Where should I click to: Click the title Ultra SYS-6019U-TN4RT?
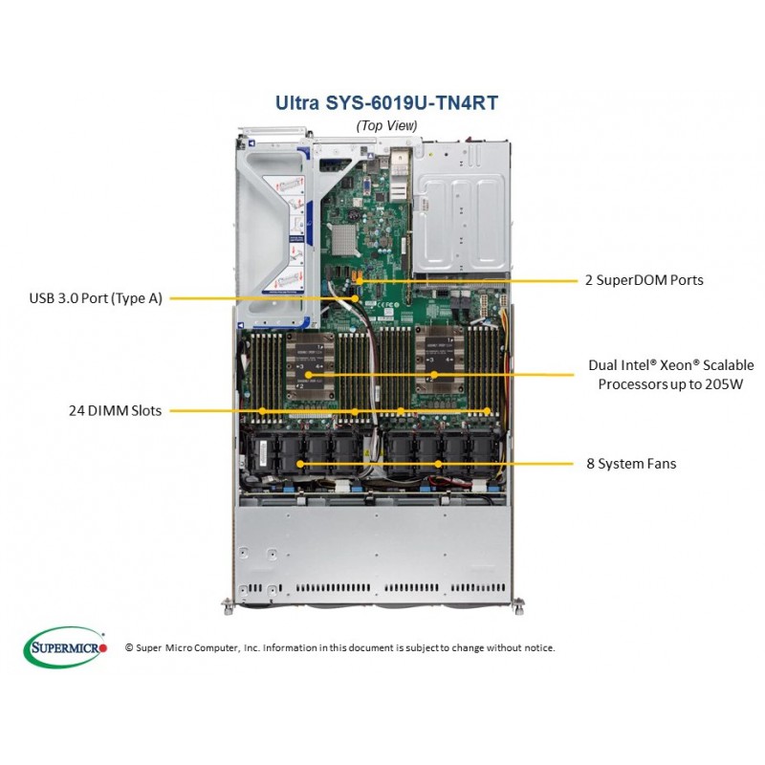coord(386,102)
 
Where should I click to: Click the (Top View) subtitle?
coord(386,126)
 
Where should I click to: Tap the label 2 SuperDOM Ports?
coord(644,280)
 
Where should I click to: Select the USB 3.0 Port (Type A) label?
coord(96,298)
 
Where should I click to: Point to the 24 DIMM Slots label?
coord(115,410)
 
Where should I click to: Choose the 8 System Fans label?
coord(631,464)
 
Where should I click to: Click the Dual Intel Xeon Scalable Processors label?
coord(671,374)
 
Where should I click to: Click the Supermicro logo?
coord(65,647)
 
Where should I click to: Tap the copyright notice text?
coord(340,648)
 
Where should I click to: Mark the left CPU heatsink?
coord(310,367)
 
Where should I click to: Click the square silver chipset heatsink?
coord(344,240)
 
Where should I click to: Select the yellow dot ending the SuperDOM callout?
coord(360,281)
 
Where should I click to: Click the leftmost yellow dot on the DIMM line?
coord(262,411)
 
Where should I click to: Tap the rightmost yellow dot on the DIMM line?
coord(487,411)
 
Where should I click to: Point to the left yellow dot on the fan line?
coord(300,464)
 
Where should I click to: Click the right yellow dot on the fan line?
coord(438,464)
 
